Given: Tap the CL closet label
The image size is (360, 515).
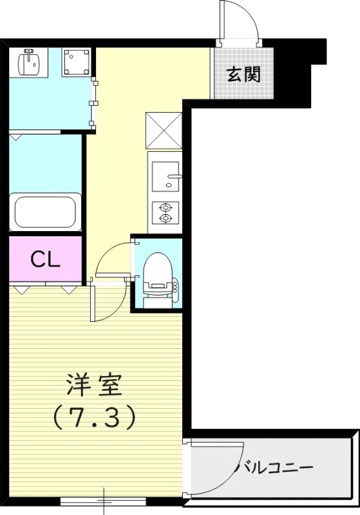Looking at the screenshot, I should tap(46, 259).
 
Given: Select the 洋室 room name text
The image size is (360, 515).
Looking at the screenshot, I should tap(94, 386).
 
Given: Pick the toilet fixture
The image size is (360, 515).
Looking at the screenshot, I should tap(156, 274).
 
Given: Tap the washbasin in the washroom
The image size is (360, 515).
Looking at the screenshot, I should tap(29, 62).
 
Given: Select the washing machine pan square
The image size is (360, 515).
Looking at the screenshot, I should tap(75, 62).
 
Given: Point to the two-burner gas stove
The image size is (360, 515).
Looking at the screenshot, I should tap(166, 213).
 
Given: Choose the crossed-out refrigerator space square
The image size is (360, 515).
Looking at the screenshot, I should tap(165, 131).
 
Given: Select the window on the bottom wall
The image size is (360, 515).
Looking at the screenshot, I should tap(104, 500).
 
